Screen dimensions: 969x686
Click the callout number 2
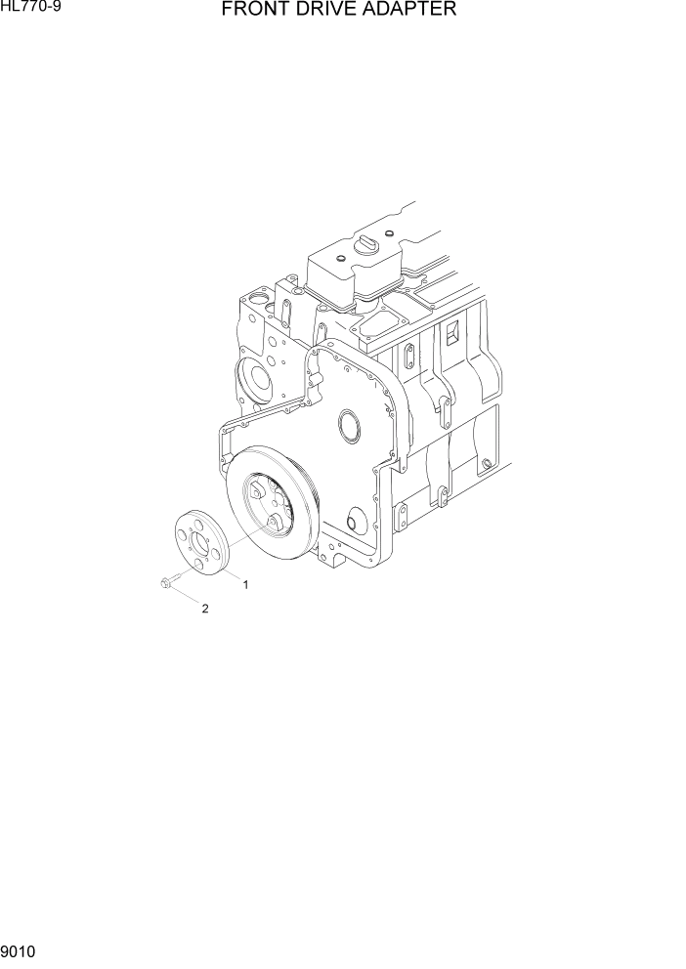205,609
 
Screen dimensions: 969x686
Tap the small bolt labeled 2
164,584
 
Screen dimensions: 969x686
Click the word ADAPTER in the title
411,11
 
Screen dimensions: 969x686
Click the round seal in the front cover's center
349,426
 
